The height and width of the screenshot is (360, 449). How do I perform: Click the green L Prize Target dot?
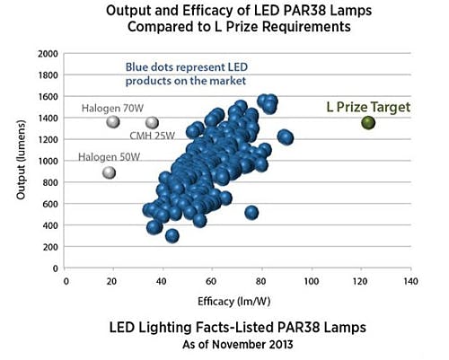tap(368, 122)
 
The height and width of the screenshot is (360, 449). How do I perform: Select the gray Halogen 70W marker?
tap(113, 122)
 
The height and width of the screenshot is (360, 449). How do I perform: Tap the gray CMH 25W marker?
tap(152, 123)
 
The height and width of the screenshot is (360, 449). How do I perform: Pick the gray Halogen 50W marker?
tap(110, 172)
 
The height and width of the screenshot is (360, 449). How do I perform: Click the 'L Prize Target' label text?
tap(367, 107)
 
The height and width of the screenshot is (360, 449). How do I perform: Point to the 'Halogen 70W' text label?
tap(112, 108)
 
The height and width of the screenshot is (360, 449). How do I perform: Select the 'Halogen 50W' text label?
tap(109, 157)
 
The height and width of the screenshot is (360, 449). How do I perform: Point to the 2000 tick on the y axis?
tap(47, 54)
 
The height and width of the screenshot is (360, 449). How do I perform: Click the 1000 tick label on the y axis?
tap(47, 161)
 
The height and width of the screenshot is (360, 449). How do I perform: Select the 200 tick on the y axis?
tap(50, 247)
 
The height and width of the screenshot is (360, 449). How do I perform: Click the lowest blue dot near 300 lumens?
tap(172, 236)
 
